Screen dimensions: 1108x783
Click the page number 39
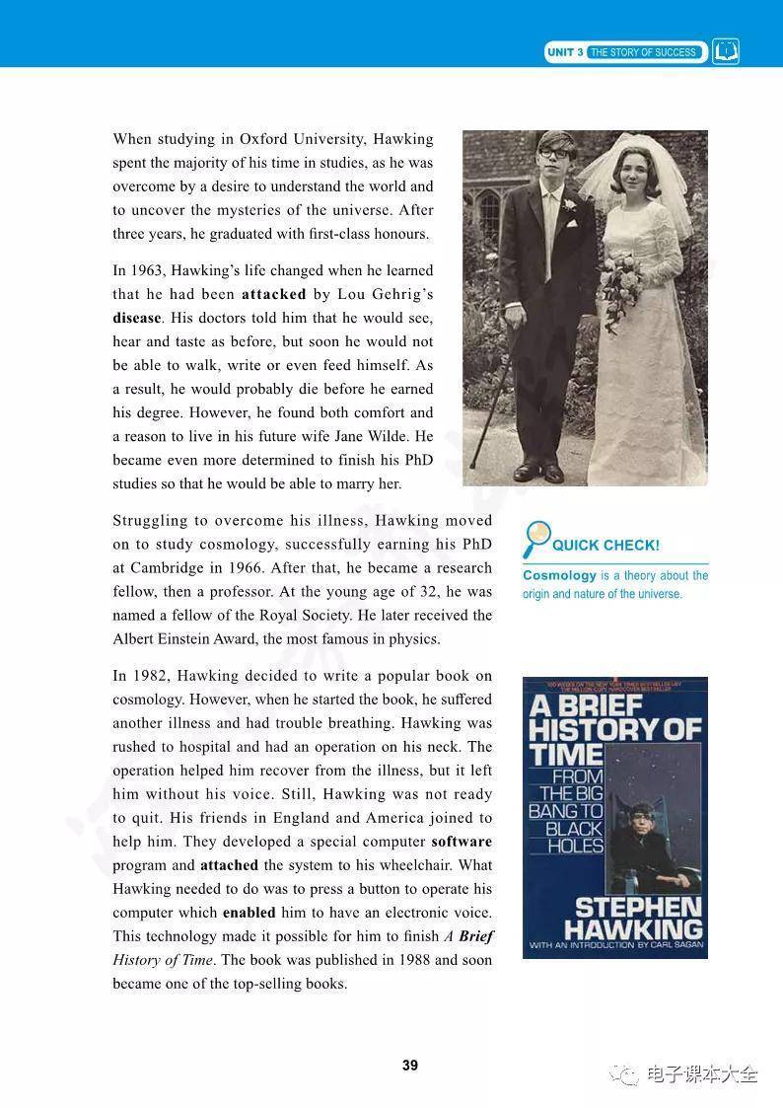[x=410, y=1065]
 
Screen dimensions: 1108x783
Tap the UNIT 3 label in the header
[x=565, y=52]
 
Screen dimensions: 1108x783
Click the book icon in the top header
[x=726, y=51]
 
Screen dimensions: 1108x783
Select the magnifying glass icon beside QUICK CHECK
[x=537, y=539]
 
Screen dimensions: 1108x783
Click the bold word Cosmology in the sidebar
[x=559, y=575]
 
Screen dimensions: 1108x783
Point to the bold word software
[x=462, y=842]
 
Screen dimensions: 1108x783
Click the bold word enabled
[x=249, y=913]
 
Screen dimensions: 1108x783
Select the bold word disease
[x=136, y=318]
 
